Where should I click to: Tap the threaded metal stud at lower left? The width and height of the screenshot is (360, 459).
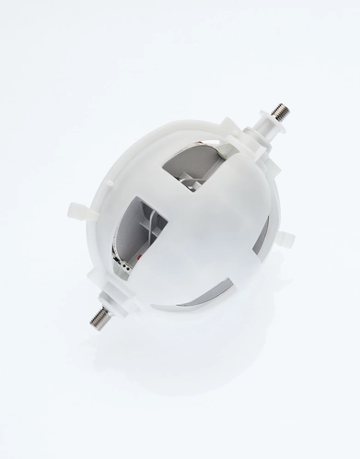[x=98, y=319]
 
